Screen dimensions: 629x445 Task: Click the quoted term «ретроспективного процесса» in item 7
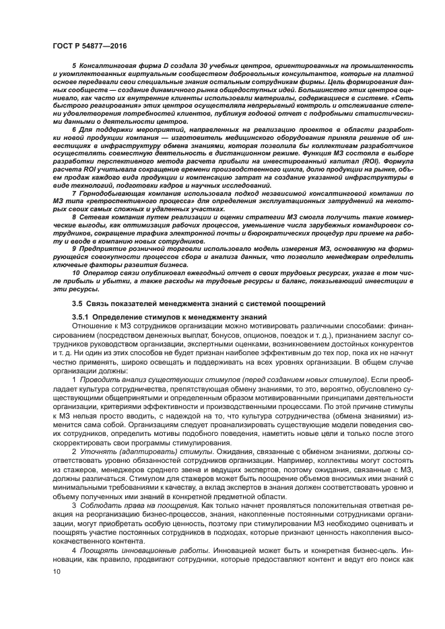point(125,201)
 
